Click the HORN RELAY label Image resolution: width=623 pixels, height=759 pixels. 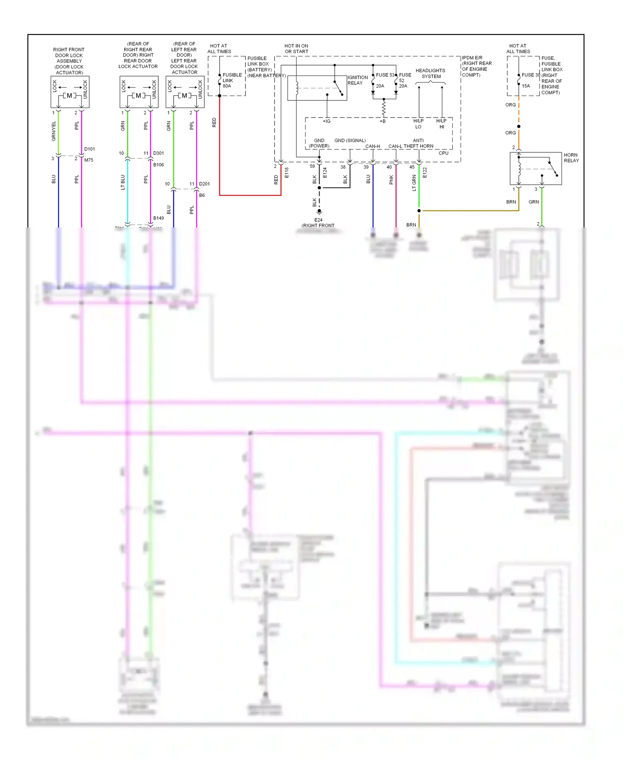click(x=571, y=158)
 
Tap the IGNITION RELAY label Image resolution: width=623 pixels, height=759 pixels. click(x=357, y=80)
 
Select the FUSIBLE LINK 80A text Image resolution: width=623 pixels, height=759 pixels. click(x=231, y=81)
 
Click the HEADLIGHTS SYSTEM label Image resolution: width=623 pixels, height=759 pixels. click(x=430, y=73)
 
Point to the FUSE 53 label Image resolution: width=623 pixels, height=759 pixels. click(x=385, y=75)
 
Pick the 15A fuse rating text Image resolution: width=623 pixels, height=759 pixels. click(x=525, y=86)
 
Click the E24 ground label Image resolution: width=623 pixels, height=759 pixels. click(x=318, y=220)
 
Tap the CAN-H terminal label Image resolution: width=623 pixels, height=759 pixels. click(x=373, y=146)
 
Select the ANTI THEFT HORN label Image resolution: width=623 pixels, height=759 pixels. click(x=418, y=143)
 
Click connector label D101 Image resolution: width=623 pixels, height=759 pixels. click(x=89, y=149)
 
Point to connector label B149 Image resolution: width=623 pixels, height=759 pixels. click(x=158, y=218)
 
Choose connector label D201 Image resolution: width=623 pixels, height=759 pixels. click(x=204, y=184)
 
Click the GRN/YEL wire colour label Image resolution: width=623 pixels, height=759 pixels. click(x=54, y=131)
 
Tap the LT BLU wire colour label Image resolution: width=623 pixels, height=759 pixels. click(x=123, y=182)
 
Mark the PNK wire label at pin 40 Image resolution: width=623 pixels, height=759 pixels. click(x=391, y=179)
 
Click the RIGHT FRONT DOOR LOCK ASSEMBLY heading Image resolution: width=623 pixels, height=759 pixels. click(x=69, y=61)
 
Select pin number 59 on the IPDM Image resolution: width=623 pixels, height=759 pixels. click(x=312, y=166)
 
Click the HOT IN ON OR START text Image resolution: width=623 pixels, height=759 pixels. click(x=296, y=49)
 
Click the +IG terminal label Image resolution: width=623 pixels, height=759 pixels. click(x=326, y=121)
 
